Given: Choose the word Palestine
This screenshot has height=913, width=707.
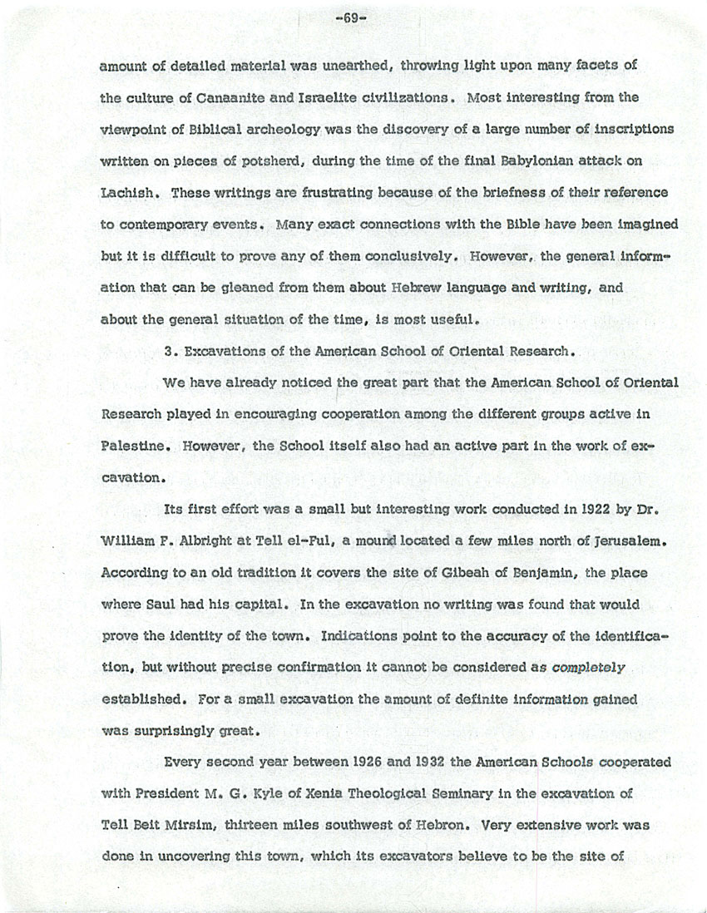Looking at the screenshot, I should [129, 446].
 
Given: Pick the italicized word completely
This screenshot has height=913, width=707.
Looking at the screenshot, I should [589, 668].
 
